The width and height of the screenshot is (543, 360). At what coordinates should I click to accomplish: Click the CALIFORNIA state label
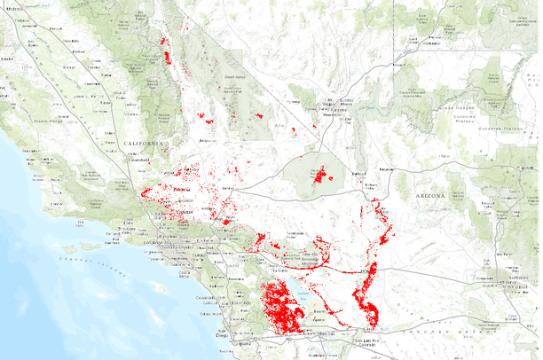145,143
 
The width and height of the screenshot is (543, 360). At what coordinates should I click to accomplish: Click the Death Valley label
234,78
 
